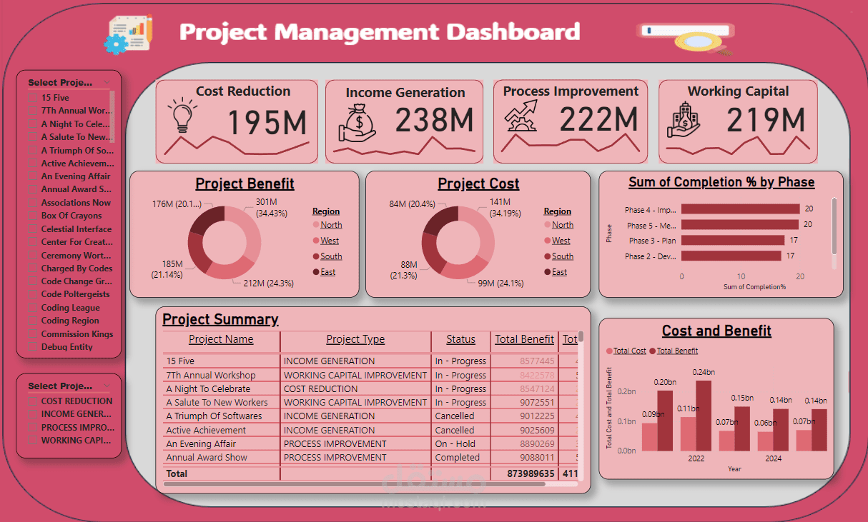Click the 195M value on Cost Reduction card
point(267,122)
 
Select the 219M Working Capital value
point(766,121)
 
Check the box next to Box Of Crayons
point(32,216)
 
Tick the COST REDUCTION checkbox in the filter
point(32,401)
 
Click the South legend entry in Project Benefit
point(330,256)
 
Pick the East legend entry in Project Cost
point(559,272)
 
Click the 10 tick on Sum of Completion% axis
point(741,276)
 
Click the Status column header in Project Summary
point(460,339)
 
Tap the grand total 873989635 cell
point(525,473)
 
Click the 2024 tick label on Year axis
point(773,458)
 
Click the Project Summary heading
point(220,319)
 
